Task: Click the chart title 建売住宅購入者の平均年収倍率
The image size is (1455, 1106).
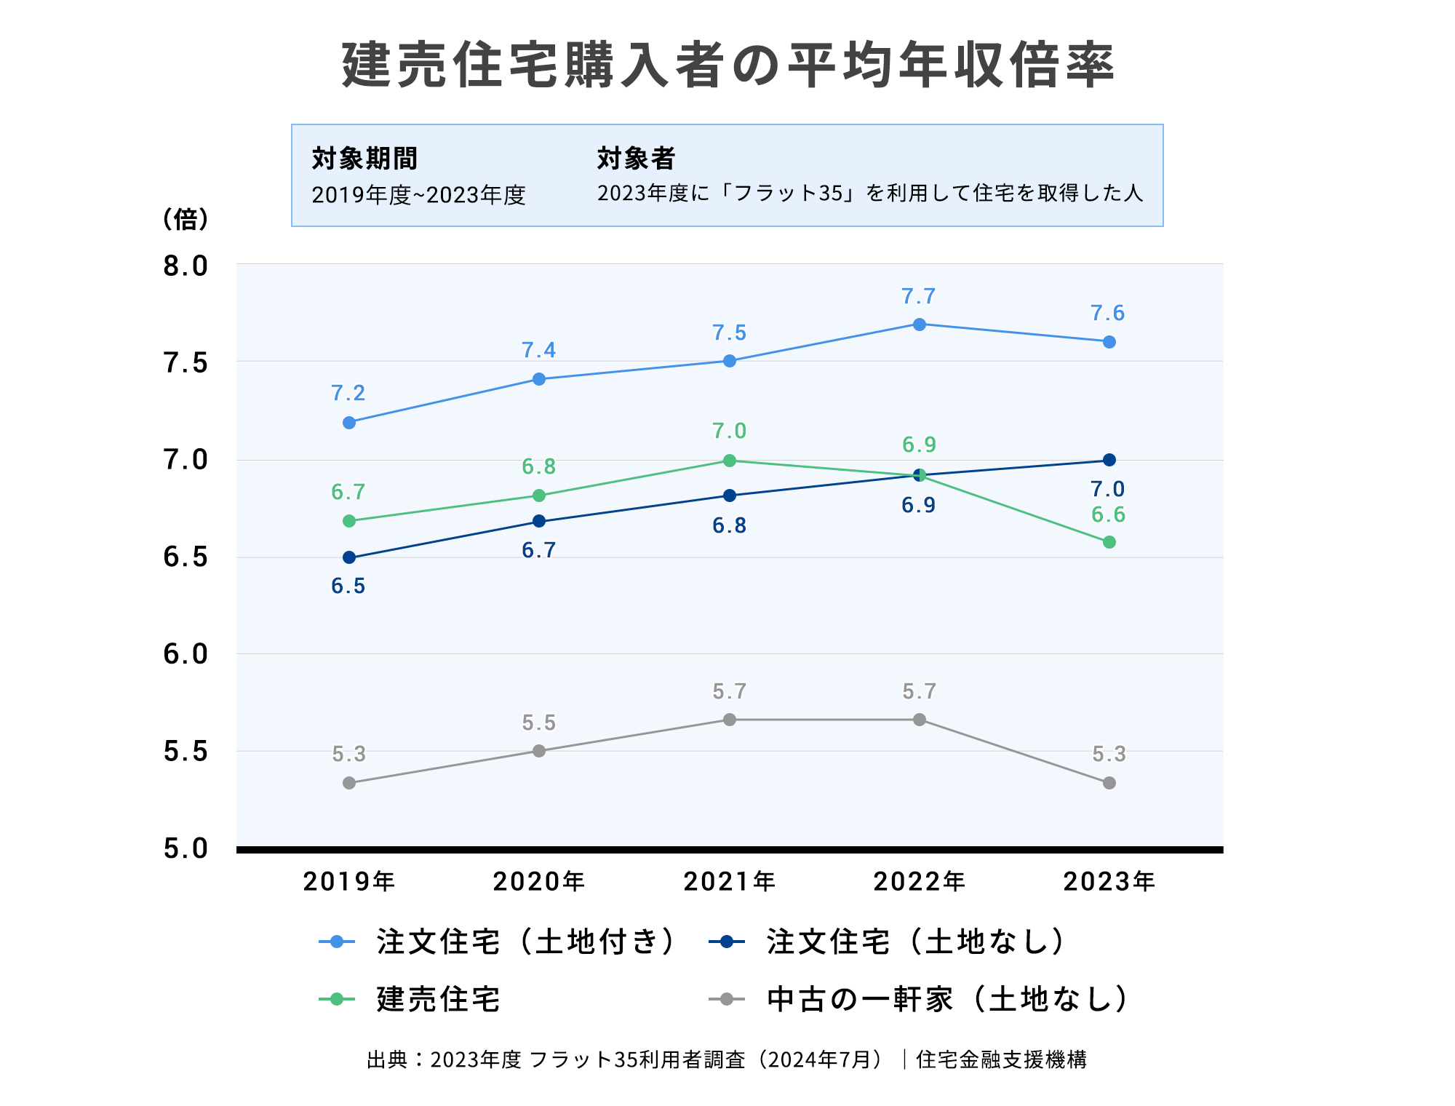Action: coord(727,65)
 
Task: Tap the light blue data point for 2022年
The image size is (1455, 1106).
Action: coord(920,325)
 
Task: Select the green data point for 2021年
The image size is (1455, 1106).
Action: coord(730,461)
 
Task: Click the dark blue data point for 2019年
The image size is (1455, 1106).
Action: coord(349,557)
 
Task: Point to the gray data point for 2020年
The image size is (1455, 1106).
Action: coord(539,751)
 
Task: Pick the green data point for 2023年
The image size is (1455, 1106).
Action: coord(1109,542)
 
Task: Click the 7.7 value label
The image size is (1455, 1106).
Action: coord(919,297)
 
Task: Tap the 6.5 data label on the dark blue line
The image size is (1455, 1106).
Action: coord(348,586)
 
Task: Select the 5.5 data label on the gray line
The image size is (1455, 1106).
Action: coord(539,723)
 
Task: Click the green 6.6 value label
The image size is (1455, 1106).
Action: coord(1109,515)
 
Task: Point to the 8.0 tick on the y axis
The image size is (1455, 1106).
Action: coord(186,266)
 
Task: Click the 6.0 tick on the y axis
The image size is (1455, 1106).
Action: coord(186,654)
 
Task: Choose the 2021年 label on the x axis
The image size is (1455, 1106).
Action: coord(730,882)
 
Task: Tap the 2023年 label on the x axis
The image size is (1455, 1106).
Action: coord(1109,882)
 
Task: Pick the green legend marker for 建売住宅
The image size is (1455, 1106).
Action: coord(337,999)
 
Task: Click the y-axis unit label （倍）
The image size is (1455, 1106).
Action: coord(186,218)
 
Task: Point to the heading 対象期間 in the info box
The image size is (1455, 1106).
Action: coord(364,158)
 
